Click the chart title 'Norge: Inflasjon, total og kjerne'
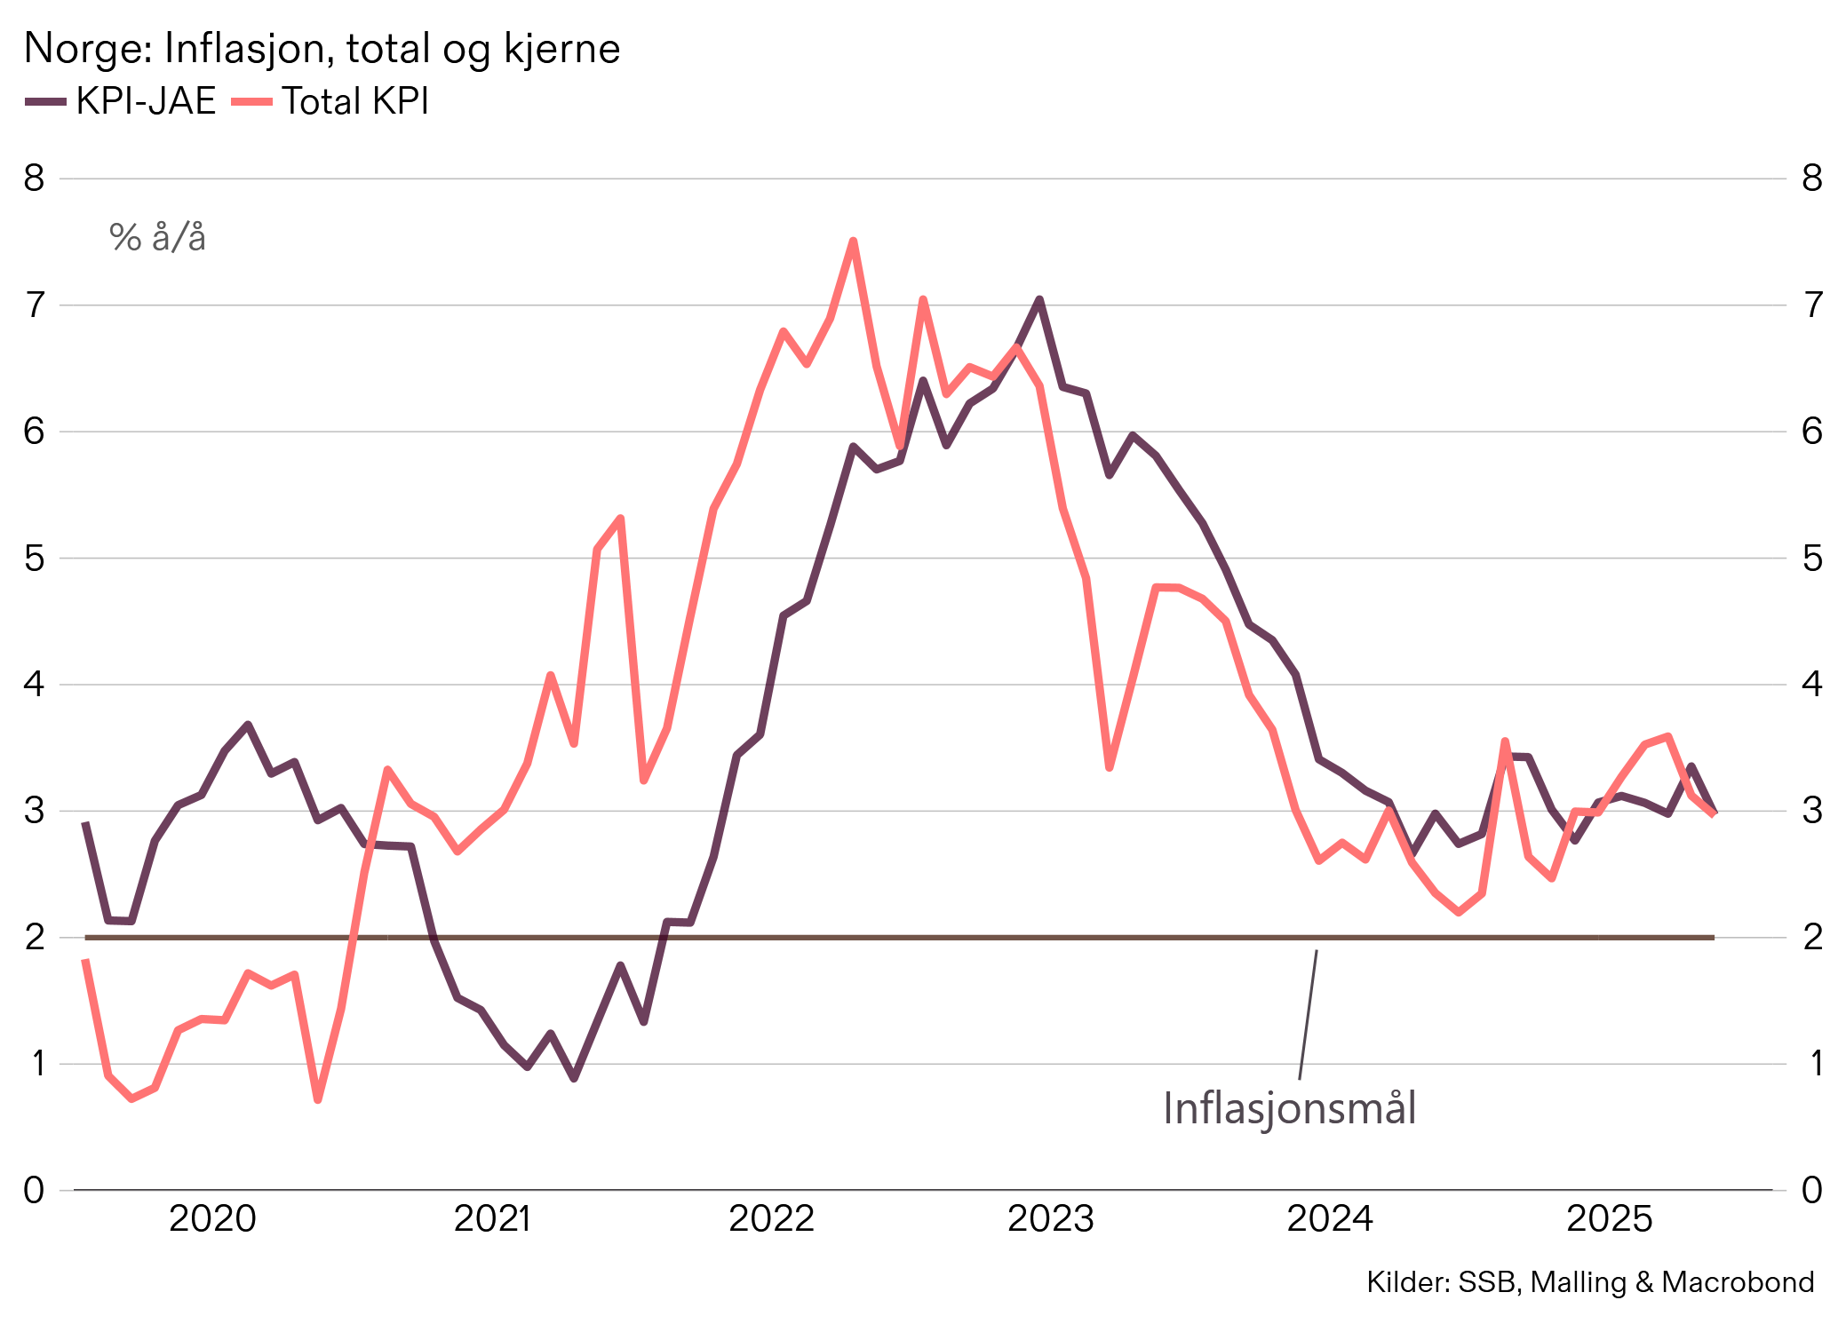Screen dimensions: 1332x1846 point(322,49)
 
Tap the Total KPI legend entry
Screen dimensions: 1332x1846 point(331,101)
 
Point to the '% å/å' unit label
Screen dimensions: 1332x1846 point(157,238)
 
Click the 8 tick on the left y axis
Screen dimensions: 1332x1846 point(34,178)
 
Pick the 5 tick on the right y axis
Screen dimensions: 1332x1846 point(1811,559)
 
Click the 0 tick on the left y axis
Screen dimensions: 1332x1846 point(34,1190)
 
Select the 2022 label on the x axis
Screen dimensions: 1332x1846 point(771,1218)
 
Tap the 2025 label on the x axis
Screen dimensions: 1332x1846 point(1609,1218)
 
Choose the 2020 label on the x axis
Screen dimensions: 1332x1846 point(212,1218)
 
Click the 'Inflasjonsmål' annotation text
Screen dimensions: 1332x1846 point(1289,1108)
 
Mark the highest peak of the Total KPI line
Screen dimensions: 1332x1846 point(853,241)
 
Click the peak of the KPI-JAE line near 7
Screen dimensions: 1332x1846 point(1039,299)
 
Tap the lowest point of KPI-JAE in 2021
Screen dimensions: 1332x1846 point(574,1079)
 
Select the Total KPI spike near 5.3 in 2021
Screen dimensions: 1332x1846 point(620,518)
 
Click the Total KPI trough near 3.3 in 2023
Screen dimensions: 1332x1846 point(1110,767)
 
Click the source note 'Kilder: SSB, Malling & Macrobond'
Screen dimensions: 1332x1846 point(1589,1282)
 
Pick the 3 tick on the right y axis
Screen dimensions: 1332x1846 point(1811,811)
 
